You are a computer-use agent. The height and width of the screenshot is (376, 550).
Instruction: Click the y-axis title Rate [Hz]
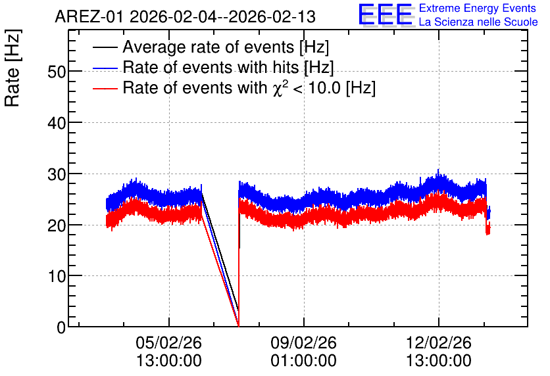(x=12, y=68)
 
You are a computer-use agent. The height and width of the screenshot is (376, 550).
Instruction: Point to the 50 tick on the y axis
(x=57, y=72)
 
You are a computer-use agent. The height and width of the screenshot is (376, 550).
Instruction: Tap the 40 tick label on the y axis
(x=57, y=123)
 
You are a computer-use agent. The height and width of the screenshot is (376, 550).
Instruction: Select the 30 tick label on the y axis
(x=57, y=174)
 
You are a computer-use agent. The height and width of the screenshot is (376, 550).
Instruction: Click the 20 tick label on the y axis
(x=57, y=225)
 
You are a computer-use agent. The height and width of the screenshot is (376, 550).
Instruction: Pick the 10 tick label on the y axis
(x=57, y=277)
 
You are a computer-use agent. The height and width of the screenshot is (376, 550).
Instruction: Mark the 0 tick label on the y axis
(x=61, y=327)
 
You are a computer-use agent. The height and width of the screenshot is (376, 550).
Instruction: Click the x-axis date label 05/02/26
(x=168, y=342)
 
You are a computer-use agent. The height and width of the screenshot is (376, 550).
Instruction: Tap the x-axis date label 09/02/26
(x=303, y=342)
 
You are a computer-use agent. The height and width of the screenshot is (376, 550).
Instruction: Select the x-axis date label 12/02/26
(x=438, y=342)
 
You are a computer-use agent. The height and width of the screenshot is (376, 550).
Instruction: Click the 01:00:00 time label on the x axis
(x=303, y=360)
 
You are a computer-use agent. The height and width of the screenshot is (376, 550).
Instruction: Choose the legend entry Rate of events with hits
(x=228, y=67)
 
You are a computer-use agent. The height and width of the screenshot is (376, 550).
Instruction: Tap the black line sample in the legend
(x=105, y=47)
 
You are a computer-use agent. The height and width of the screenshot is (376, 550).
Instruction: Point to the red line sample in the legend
(x=105, y=88)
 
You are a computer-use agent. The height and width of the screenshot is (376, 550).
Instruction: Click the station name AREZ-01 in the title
(x=89, y=17)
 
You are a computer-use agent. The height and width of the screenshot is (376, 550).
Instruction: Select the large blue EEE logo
(x=386, y=14)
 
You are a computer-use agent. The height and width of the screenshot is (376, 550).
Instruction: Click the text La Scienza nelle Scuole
(x=478, y=22)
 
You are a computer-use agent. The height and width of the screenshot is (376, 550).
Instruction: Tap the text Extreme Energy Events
(x=478, y=8)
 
